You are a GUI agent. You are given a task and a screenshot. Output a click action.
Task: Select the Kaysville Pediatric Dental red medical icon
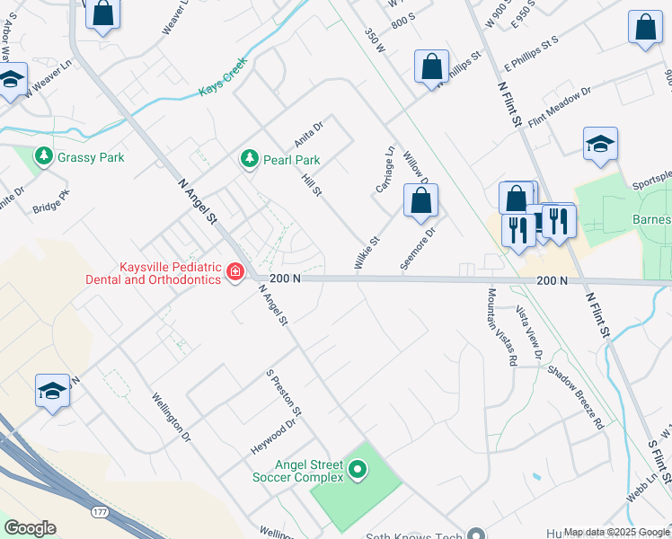[235, 270]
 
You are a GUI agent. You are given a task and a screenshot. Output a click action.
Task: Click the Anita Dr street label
[308, 136]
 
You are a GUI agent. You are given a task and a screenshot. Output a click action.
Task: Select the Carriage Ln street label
[385, 169]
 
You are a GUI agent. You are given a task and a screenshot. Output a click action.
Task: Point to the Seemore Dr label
[422, 244]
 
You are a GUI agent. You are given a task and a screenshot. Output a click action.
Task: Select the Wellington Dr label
[172, 416]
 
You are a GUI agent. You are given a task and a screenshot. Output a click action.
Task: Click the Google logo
[30, 528]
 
